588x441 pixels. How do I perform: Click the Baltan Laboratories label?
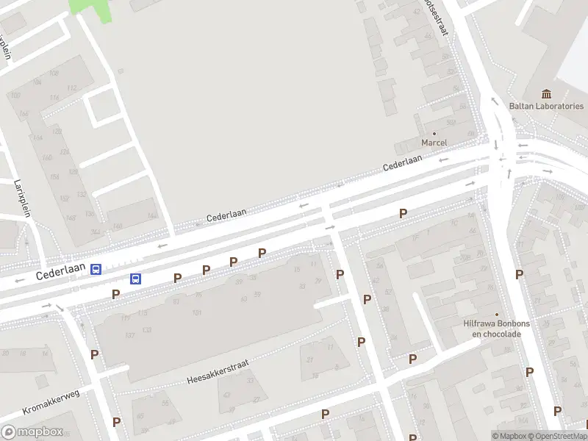546,106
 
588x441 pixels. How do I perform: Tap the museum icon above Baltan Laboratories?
546,93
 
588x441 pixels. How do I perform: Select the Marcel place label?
434,142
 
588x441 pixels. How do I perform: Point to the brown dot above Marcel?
434,133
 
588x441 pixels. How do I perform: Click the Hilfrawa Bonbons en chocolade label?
492,328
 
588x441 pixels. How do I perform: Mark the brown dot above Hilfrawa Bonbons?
497,314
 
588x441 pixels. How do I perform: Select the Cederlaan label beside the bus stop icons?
61,272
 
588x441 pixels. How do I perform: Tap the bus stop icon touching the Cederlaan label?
96,270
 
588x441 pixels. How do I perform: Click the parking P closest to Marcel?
403,214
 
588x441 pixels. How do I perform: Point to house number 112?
71,89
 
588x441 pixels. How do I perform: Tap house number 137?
130,335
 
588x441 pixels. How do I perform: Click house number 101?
197,313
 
